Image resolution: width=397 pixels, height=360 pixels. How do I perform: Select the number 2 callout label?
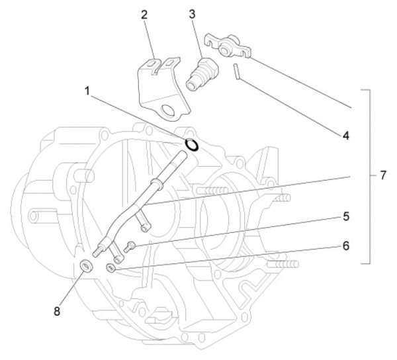click(145, 14)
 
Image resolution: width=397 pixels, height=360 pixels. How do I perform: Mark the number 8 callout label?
click(58, 311)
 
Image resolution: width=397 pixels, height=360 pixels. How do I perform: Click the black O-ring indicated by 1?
click(192, 144)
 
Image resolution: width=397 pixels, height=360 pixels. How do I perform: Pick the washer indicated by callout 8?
click(85, 267)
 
